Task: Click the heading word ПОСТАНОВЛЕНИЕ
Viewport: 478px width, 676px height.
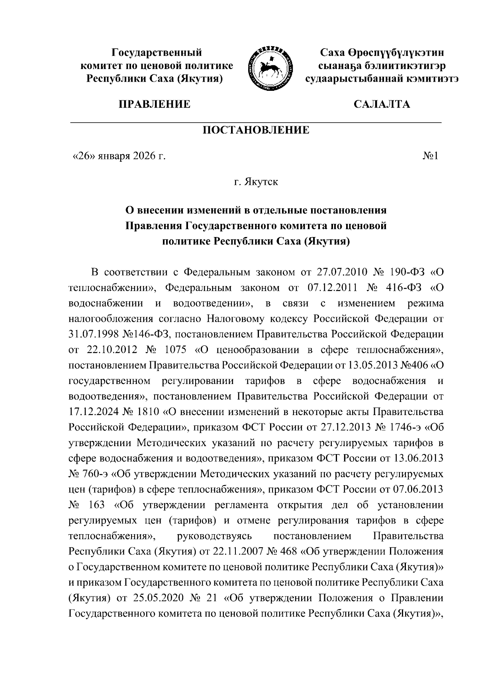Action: [256, 130]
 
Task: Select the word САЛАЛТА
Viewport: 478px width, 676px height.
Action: [381, 104]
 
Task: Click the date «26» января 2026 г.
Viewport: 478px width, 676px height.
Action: [118, 156]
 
